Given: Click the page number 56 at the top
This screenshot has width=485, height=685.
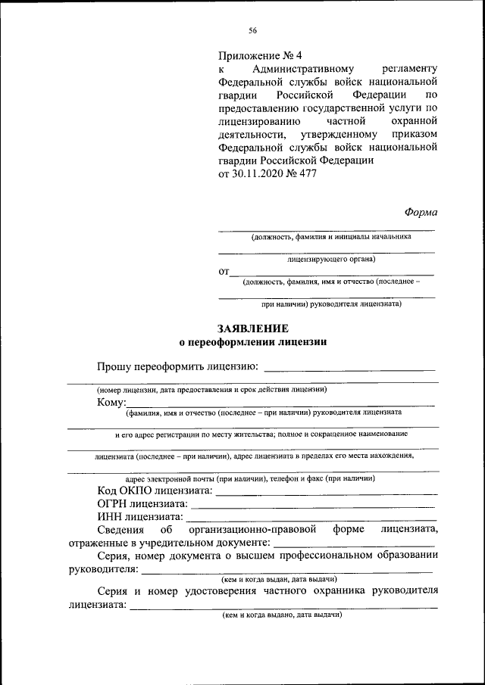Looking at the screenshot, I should tap(252, 30).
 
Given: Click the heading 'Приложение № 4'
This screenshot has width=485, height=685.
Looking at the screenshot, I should tap(259, 56).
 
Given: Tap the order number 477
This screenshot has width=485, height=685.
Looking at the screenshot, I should tap(307, 173).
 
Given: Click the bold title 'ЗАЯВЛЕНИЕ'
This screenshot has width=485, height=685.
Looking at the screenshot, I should tap(252, 328).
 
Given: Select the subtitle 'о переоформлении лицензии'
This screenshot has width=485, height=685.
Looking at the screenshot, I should tap(252, 342).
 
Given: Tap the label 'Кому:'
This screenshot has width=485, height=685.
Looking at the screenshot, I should tap(111, 402).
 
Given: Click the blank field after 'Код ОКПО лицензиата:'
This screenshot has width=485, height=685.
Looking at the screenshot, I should tap(326, 493).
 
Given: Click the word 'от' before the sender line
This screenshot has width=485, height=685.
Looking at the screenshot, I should tap(224, 271).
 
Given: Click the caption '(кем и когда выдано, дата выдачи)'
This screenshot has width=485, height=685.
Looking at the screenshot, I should tap(281, 615).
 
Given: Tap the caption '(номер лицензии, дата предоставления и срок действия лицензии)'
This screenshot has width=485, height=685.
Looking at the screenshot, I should tap(211, 390).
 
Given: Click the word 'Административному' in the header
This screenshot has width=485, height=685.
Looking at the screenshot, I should tap(296, 69).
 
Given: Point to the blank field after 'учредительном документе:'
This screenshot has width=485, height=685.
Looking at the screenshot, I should tap(354, 543).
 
